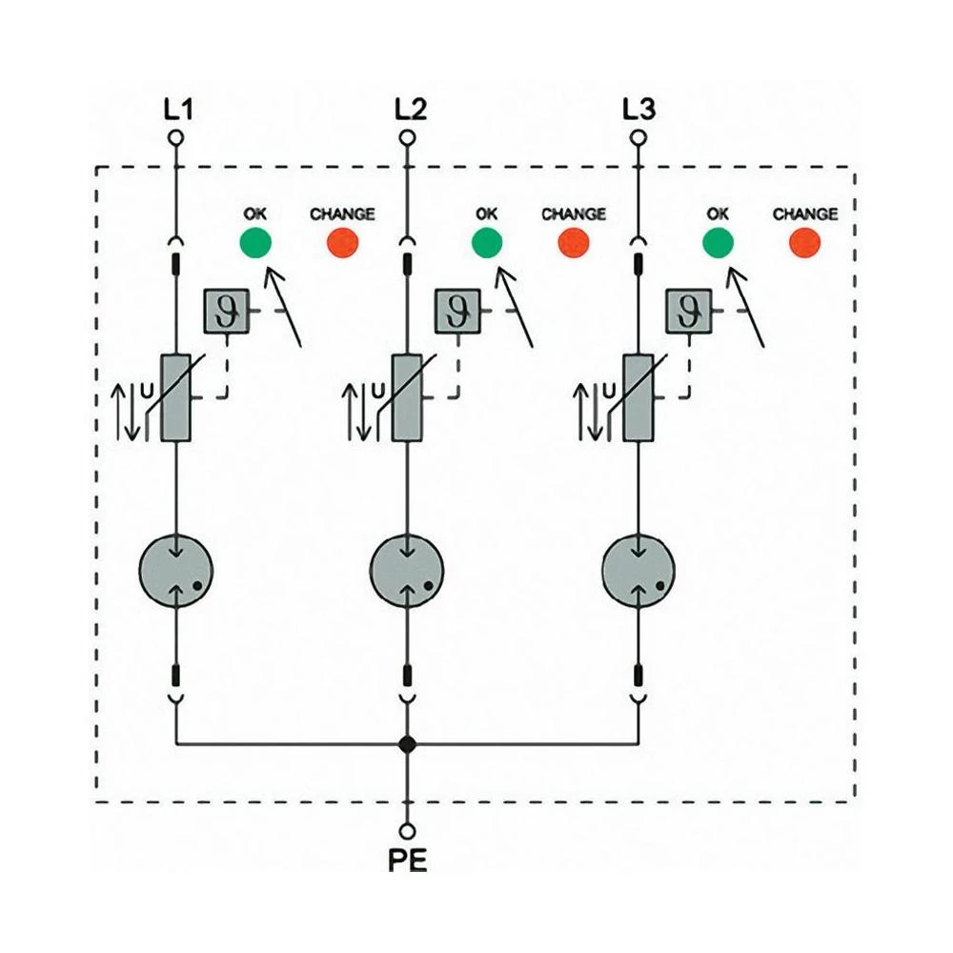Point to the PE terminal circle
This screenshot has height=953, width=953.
[x=408, y=831]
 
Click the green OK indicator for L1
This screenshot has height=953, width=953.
[x=255, y=244]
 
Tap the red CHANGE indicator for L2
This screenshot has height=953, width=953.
[x=574, y=244]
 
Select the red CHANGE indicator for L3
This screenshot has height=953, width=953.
[x=805, y=244]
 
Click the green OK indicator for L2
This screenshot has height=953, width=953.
[x=487, y=244]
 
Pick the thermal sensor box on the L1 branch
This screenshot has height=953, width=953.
[x=226, y=312]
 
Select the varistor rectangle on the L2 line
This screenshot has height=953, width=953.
[x=408, y=397]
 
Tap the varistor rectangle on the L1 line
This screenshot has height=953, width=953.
[x=176, y=397]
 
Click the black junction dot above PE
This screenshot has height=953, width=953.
[x=408, y=743]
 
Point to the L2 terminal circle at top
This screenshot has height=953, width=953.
[x=408, y=138]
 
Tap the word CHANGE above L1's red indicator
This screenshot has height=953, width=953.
[x=342, y=214]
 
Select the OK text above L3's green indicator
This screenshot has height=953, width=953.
[x=719, y=214]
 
